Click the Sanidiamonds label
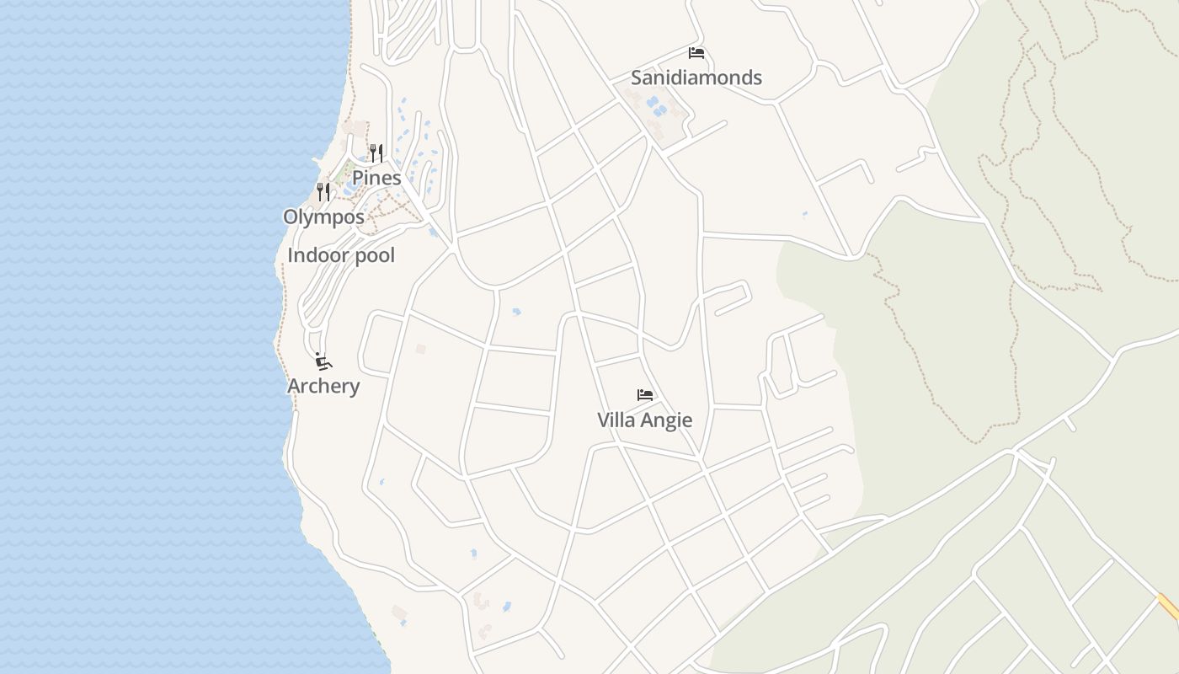[696, 78]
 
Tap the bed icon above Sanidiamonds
[696, 53]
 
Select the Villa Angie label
[645, 420]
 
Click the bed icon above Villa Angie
[645, 394]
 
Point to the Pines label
[376, 178]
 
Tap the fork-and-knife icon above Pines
[376, 152]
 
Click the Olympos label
[323, 217]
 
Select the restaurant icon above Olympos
[323, 192]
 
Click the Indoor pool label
[341, 255]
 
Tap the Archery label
[323, 386]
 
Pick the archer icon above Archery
[323, 361]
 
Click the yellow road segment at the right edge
[1168, 607]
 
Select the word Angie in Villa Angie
[666, 420]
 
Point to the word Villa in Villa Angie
[616, 420]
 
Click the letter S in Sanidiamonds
[637, 78]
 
